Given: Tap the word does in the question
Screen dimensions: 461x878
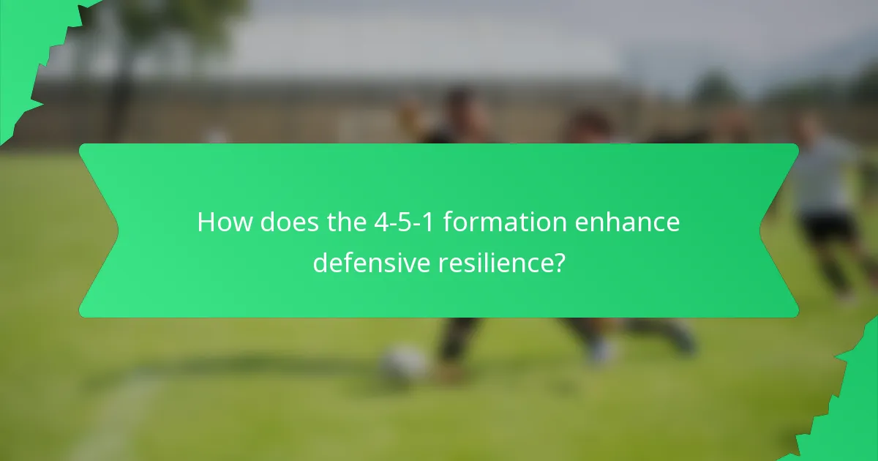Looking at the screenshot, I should [x=282, y=222].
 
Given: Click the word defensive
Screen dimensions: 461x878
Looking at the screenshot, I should [x=372, y=263].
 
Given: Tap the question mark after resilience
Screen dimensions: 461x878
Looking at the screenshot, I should [x=559, y=263].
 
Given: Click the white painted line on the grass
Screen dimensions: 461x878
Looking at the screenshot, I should [x=117, y=417].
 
